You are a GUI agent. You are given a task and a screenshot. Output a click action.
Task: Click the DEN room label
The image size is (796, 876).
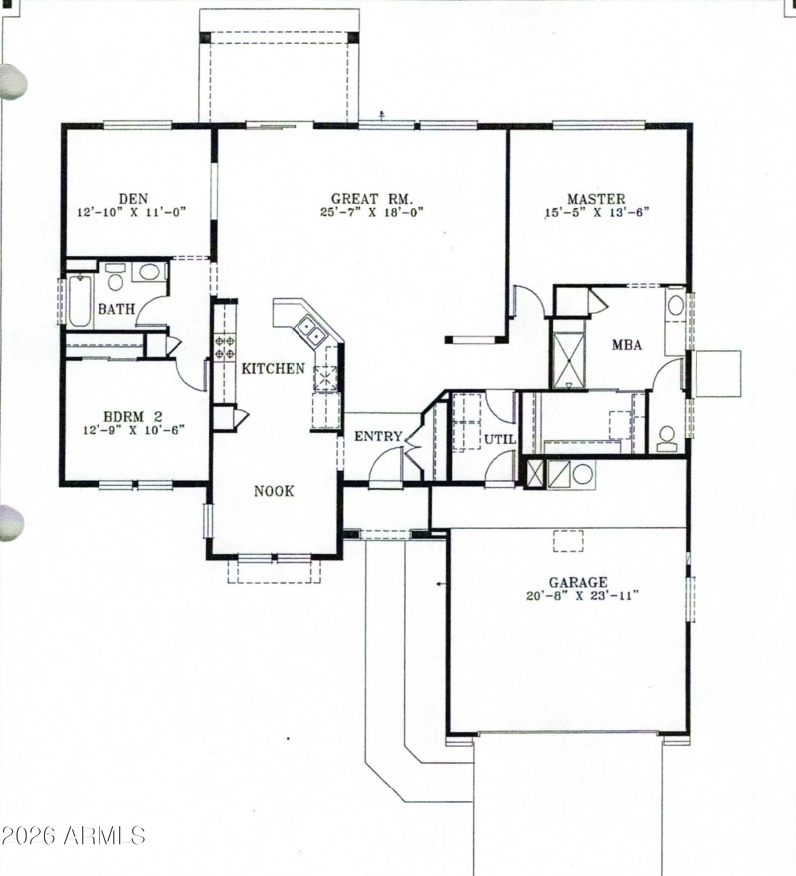click(x=133, y=198)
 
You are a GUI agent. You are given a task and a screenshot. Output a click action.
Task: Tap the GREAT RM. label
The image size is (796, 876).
click(x=372, y=198)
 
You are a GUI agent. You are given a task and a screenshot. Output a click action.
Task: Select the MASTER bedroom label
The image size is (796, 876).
click(x=596, y=198)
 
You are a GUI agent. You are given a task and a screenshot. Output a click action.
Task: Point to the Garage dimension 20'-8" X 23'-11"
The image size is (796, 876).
click(x=582, y=595)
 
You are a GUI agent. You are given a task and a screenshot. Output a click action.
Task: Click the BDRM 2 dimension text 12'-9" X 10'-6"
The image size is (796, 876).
click(x=133, y=430)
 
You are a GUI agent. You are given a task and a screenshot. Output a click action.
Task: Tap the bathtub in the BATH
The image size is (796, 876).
click(x=80, y=300)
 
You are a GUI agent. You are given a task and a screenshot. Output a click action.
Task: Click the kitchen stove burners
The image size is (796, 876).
click(x=225, y=346)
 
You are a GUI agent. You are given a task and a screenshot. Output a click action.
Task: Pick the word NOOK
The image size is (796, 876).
click(x=274, y=491)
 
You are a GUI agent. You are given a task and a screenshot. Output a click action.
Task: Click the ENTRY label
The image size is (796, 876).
click(x=378, y=437)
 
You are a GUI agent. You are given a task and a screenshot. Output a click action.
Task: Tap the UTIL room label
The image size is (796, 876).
click(x=499, y=439)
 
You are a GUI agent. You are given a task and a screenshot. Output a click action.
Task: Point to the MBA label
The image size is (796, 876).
click(x=627, y=345)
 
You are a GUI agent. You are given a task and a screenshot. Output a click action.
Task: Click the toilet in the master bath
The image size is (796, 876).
click(x=667, y=438)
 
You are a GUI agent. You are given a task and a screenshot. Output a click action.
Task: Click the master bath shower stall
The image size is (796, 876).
click(x=568, y=360)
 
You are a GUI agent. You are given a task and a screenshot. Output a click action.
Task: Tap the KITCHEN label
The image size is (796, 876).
click(x=274, y=368)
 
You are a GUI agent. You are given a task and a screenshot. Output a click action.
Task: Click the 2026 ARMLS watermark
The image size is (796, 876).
click(x=74, y=836)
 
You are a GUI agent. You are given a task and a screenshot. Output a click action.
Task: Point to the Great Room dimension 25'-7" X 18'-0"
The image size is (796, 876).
click(x=372, y=213)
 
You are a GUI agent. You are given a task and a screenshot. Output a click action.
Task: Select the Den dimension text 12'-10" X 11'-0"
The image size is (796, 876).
click(x=131, y=213)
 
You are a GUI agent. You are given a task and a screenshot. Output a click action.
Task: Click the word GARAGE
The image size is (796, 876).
click(x=578, y=582)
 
